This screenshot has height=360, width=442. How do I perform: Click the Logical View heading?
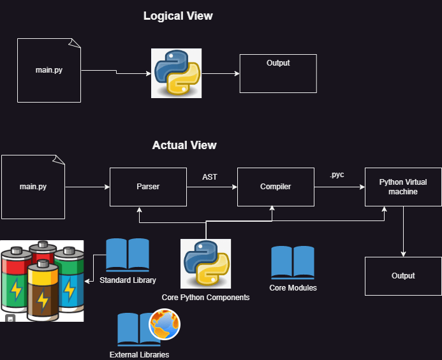tap(178, 16)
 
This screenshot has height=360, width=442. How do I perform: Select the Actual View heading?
tap(184, 145)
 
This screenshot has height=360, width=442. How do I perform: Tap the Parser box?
tap(148, 187)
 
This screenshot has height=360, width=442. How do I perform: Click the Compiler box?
tap(276, 187)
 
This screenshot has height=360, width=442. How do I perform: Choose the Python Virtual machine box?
tap(403, 187)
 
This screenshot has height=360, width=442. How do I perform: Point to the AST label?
tap(210, 177)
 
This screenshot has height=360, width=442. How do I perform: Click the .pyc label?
tap(337, 175)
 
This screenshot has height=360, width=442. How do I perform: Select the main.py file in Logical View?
tap(49, 70)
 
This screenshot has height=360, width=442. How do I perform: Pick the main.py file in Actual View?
tap(33, 187)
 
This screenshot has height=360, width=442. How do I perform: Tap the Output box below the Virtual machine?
tap(403, 276)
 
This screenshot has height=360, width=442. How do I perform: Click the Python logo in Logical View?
tap(176, 73)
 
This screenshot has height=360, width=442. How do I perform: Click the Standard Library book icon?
tap(127, 256)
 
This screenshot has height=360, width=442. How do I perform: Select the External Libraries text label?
tap(139, 354)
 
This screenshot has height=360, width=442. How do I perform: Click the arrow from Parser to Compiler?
tap(211, 187)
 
